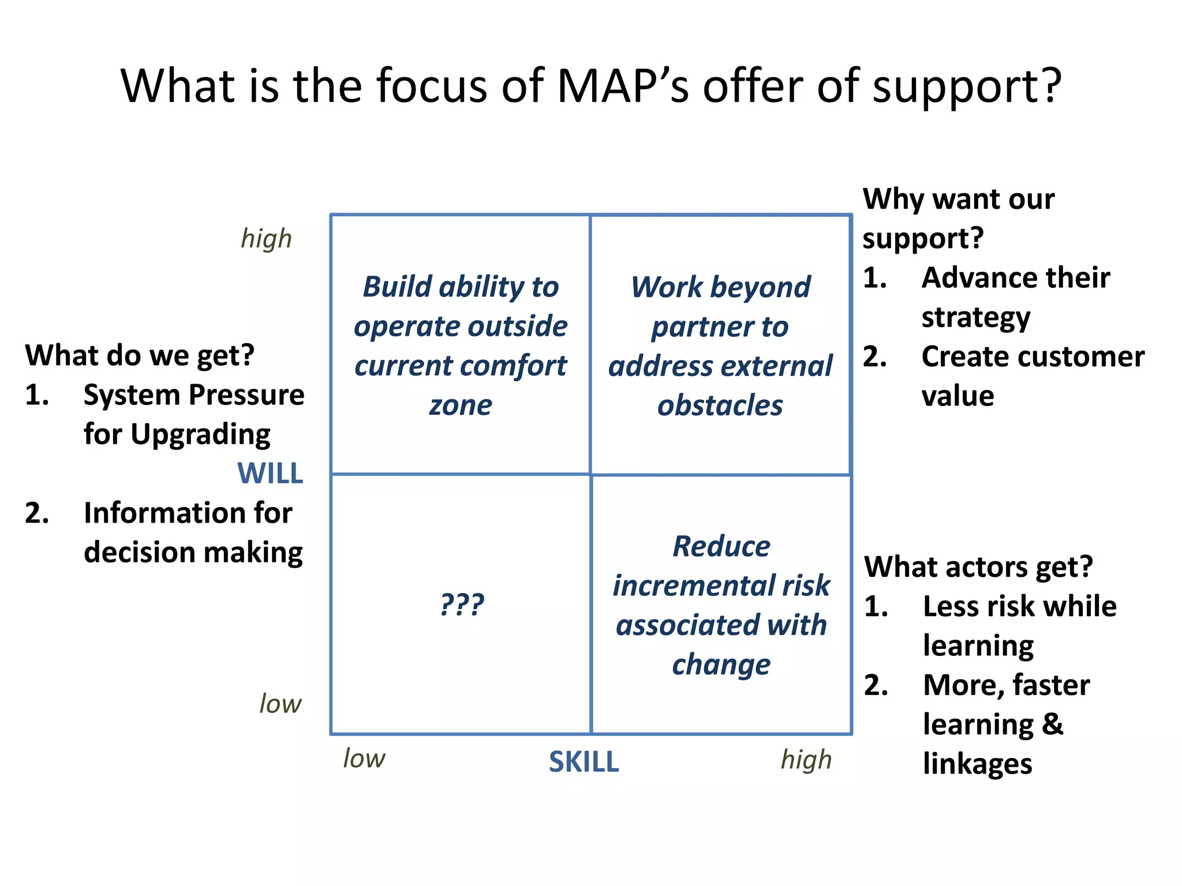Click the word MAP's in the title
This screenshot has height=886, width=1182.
click(x=622, y=87)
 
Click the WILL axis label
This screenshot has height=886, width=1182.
click(x=270, y=474)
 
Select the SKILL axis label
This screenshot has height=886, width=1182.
click(x=583, y=762)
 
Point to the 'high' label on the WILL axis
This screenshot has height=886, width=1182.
click(x=266, y=239)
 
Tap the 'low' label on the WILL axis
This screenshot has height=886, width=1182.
click(x=280, y=704)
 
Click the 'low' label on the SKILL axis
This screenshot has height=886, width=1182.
click(x=364, y=759)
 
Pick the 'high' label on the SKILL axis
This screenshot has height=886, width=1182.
click(x=806, y=760)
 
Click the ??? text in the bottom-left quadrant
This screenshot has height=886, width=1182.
click(x=462, y=605)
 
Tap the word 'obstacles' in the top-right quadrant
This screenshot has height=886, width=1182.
click(x=720, y=406)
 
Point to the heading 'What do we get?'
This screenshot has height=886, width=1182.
click(x=139, y=355)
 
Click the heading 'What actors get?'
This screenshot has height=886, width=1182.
click(x=978, y=567)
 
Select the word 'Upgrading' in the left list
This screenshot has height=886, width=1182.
click(x=200, y=435)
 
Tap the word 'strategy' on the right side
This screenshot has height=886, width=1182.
click(x=975, y=318)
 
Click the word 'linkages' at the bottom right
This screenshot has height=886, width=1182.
click(x=977, y=764)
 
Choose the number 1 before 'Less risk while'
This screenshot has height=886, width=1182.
click(x=875, y=607)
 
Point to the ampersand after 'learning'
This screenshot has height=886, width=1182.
click(x=1052, y=724)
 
